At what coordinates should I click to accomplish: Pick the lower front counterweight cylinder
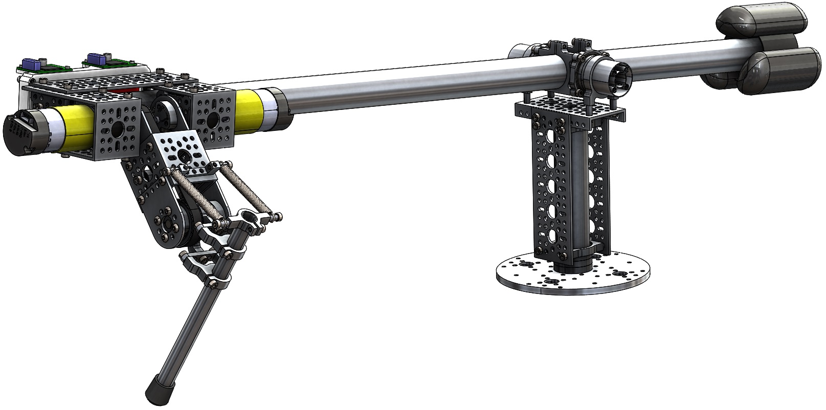[x=783, y=72]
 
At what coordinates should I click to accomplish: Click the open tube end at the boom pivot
[x=620, y=76]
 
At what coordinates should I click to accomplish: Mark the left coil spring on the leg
[x=194, y=195]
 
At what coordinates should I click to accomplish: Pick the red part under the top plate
[x=132, y=91]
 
